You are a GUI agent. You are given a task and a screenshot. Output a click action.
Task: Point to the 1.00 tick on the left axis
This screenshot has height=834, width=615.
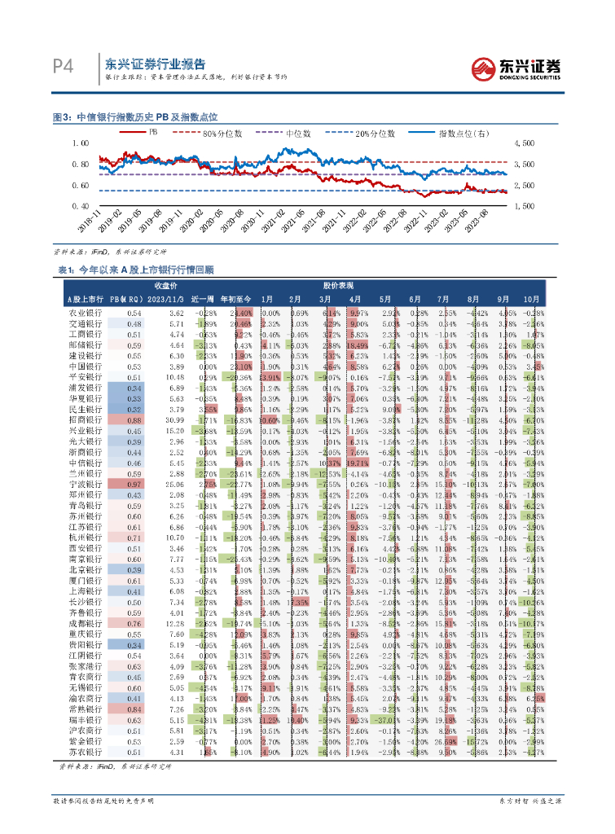79,143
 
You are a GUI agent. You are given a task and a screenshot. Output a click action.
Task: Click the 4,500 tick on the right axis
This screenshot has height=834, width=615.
525,143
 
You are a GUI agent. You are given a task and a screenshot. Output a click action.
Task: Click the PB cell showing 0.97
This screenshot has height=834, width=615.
134,483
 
